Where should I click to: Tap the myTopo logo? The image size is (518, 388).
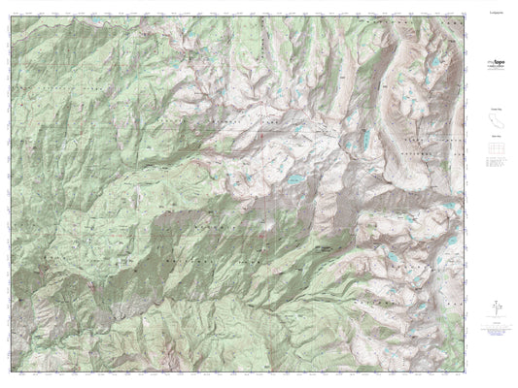pos(495,62)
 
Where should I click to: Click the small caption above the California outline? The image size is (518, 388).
pos(495,110)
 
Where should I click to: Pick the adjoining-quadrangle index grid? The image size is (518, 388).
pos(495,153)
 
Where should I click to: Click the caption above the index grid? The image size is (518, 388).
pos(495,143)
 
